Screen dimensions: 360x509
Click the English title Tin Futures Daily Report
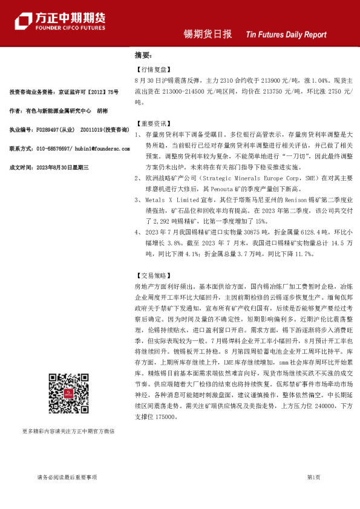pyautogui.click(x=286, y=34)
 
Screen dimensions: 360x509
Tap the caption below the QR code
pyautogui.click(x=68, y=432)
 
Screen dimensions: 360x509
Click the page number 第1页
pyautogui.click(x=313, y=478)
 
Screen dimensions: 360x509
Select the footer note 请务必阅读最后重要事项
pyautogui.click(x=68, y=478)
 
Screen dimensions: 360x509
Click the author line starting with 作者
pyautogui.click(x=59, y=111)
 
